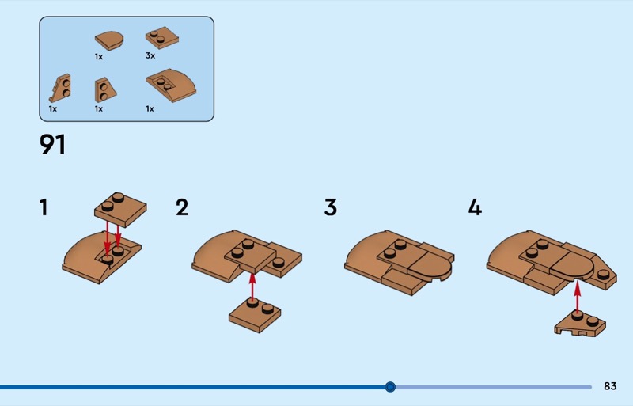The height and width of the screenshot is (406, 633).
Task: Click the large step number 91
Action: point(52,144)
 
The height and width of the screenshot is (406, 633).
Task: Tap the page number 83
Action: point(610,386)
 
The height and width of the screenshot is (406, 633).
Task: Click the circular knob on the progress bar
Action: point(390,387)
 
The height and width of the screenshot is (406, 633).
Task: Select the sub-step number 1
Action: point(44,207)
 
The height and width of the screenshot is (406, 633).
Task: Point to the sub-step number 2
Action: point(182,207)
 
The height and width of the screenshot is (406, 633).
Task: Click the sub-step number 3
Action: point(330,207)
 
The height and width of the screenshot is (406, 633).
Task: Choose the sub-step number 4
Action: point(476,207)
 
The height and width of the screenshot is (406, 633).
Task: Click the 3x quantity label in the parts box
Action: point(150,55)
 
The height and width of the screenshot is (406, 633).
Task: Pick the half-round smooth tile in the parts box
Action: point(109,40)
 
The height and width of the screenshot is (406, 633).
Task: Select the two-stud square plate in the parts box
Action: point(162,37)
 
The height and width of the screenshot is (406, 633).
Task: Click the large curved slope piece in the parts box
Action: point(171,85)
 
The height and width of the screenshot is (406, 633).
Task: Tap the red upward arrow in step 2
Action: point(252,286)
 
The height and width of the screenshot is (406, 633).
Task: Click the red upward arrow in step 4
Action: point(578,297)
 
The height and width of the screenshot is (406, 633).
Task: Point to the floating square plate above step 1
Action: point(120,209)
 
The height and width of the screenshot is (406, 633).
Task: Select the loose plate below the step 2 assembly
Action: point(255,315)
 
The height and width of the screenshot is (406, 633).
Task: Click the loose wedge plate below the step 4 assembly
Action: point(580,324)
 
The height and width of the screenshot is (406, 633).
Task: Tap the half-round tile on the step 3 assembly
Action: point(430,265)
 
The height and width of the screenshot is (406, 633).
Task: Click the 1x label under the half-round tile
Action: point(99,57)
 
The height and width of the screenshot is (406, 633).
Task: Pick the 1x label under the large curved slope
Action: point(150,108)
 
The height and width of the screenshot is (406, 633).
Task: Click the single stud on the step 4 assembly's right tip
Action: point(604,275)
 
